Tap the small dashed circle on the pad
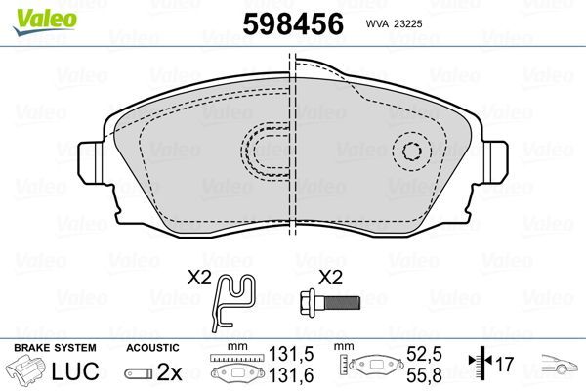click(414, 152)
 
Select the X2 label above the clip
click(201, 278)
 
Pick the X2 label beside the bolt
click(332, 278)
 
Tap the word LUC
click(81, 371)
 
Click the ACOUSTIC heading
click(154, 348)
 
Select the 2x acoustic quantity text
click(170, 371)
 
